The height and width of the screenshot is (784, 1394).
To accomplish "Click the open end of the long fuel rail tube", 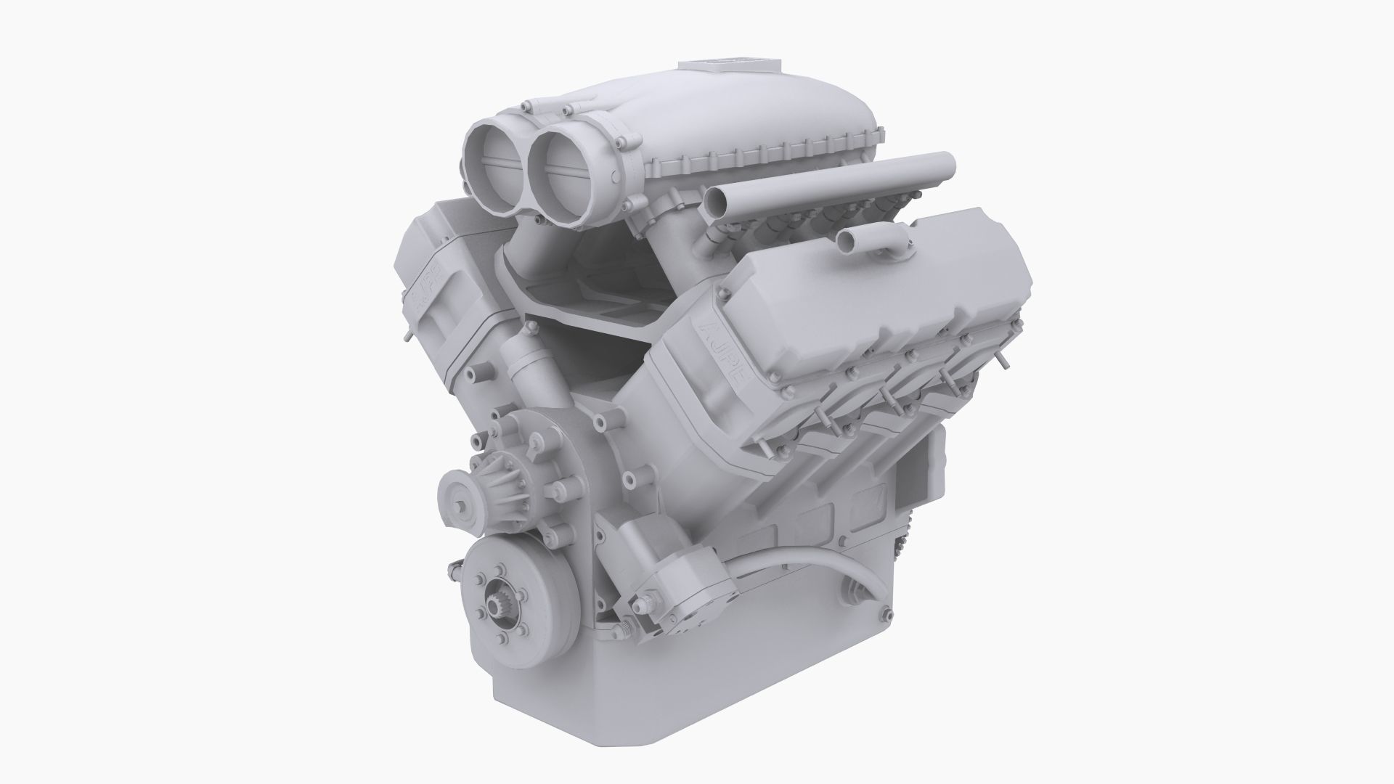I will click(717, 201).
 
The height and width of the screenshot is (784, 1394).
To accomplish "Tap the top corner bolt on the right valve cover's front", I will click(723, 293).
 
